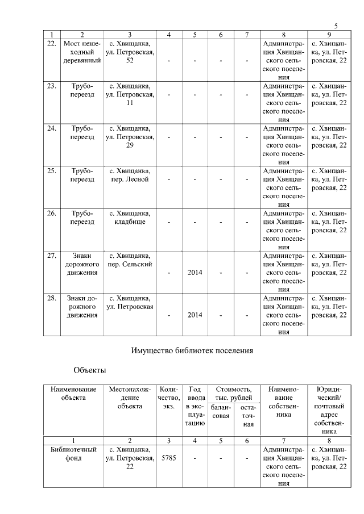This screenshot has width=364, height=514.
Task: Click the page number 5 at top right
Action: pyautogui.click(x=336, y=26)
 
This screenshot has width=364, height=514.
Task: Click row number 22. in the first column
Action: pyautogui.click(x=52, y=43)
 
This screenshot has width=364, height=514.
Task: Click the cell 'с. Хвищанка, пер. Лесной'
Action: pyautogui.click(x=130, y=175)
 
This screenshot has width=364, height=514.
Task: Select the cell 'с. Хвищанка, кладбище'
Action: pyautogui.click(x=130, y=218)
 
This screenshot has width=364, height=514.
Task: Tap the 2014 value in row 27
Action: pyautogui.click(x=195, y=273)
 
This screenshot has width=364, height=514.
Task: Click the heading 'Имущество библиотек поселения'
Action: pyautogui.click(x=192, y=350)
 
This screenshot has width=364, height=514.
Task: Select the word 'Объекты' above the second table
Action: pyautogui.click(x=90, y=371)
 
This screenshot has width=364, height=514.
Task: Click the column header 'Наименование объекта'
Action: pyautogui.click(x=73, y=394)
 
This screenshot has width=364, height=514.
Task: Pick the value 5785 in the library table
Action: pyautogui.click(x=169, y=458)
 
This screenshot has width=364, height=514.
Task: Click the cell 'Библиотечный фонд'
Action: pyautogui.click(x=73, y=454)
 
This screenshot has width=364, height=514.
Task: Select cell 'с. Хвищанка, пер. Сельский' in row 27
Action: pyautogui.click(x=130, y=260)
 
